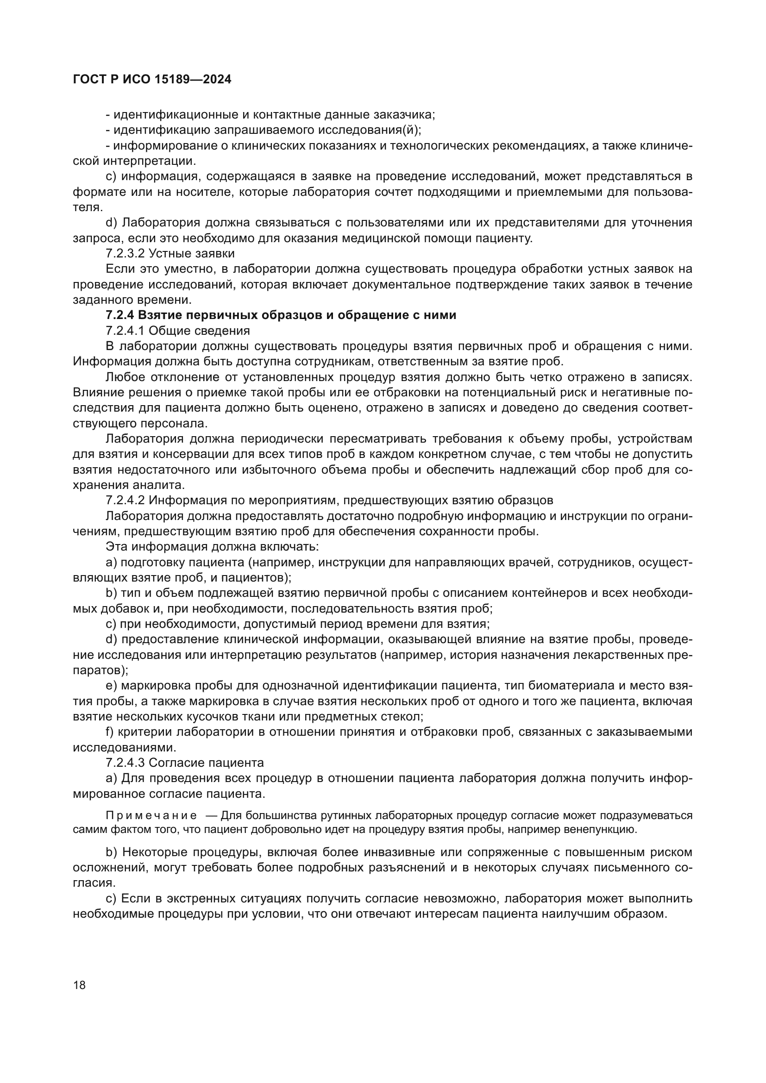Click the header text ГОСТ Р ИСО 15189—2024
pyautogui.click(x=152, y=79)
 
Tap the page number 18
pyautogui.click(x=80, y=985)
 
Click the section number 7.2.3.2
pyautogui.click(x=125, y=253)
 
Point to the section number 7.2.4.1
pyautogui.click(x=125, y=331)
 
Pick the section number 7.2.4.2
pyautogui.click(x=125, y=500)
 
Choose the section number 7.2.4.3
pyautogui.click(x=125, y=763)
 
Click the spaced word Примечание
pyautogui.click(x=151, y=815)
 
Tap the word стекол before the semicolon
pyautogui.click(x=402, y=716)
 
